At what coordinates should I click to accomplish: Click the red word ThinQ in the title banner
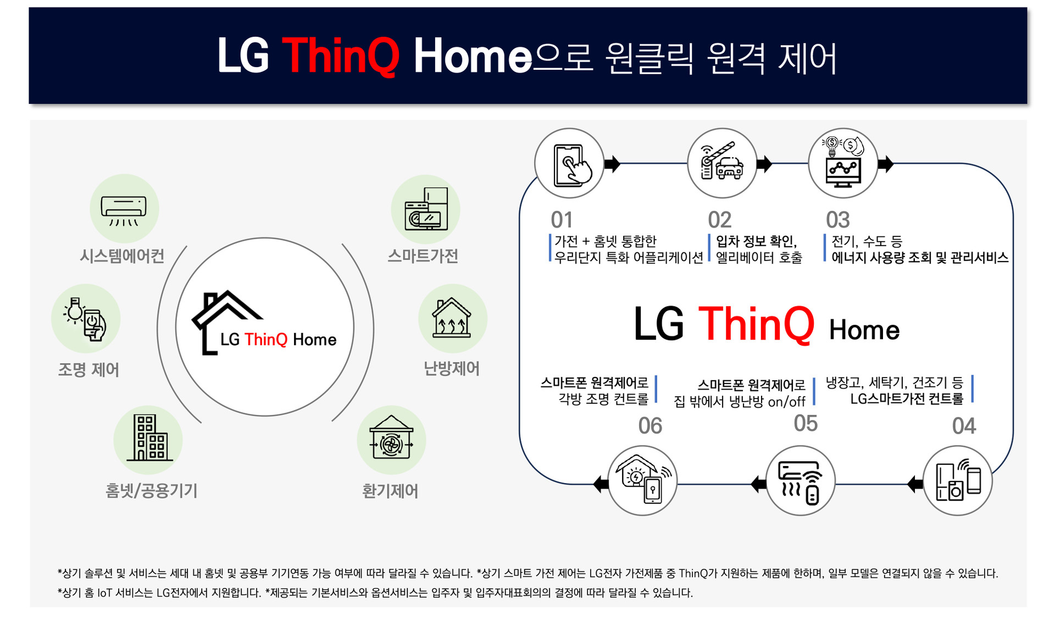341,56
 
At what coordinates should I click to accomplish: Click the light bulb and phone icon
85,319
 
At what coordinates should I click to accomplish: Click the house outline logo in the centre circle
226,322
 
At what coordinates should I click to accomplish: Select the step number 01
562,220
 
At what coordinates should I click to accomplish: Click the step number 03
838,220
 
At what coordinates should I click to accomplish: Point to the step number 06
650,426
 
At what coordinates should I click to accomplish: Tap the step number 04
964,426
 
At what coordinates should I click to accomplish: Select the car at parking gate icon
722,162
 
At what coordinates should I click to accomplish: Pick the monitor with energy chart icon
843,163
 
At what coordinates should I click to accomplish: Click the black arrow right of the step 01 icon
612,164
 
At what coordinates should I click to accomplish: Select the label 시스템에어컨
122,256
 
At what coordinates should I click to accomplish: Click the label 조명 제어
88,369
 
